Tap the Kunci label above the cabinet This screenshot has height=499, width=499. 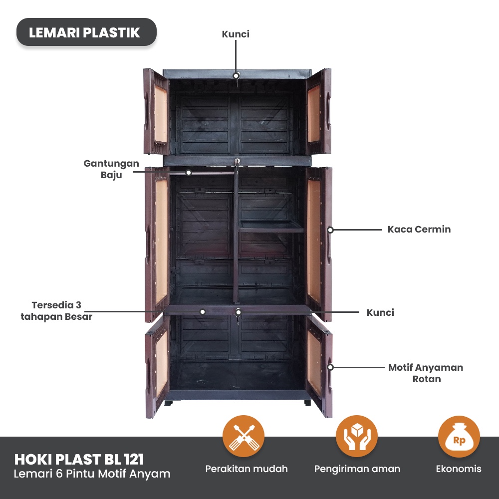click(236, 34)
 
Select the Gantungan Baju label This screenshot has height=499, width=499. click(111, 169)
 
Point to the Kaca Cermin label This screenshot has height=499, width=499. click(419, 230)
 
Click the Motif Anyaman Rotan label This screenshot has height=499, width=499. click(426, 373)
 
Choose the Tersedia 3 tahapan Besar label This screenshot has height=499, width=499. click(56, 310)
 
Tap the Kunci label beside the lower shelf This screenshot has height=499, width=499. click(380, 313)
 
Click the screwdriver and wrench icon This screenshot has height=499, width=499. click(244, 436)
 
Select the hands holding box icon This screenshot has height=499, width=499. click(357, 436)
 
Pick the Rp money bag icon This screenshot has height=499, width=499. click(459, 437)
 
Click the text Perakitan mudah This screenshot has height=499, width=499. click(247, 469)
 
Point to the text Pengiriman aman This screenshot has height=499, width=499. click(357, 469)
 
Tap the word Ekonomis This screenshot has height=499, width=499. click(459, 469)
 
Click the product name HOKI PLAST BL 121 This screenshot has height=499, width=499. click(79, 459)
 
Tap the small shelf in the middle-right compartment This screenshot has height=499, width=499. click(272, 226)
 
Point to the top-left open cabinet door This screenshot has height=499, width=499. click(156, 112)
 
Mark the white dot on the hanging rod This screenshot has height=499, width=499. click(189, 173)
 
